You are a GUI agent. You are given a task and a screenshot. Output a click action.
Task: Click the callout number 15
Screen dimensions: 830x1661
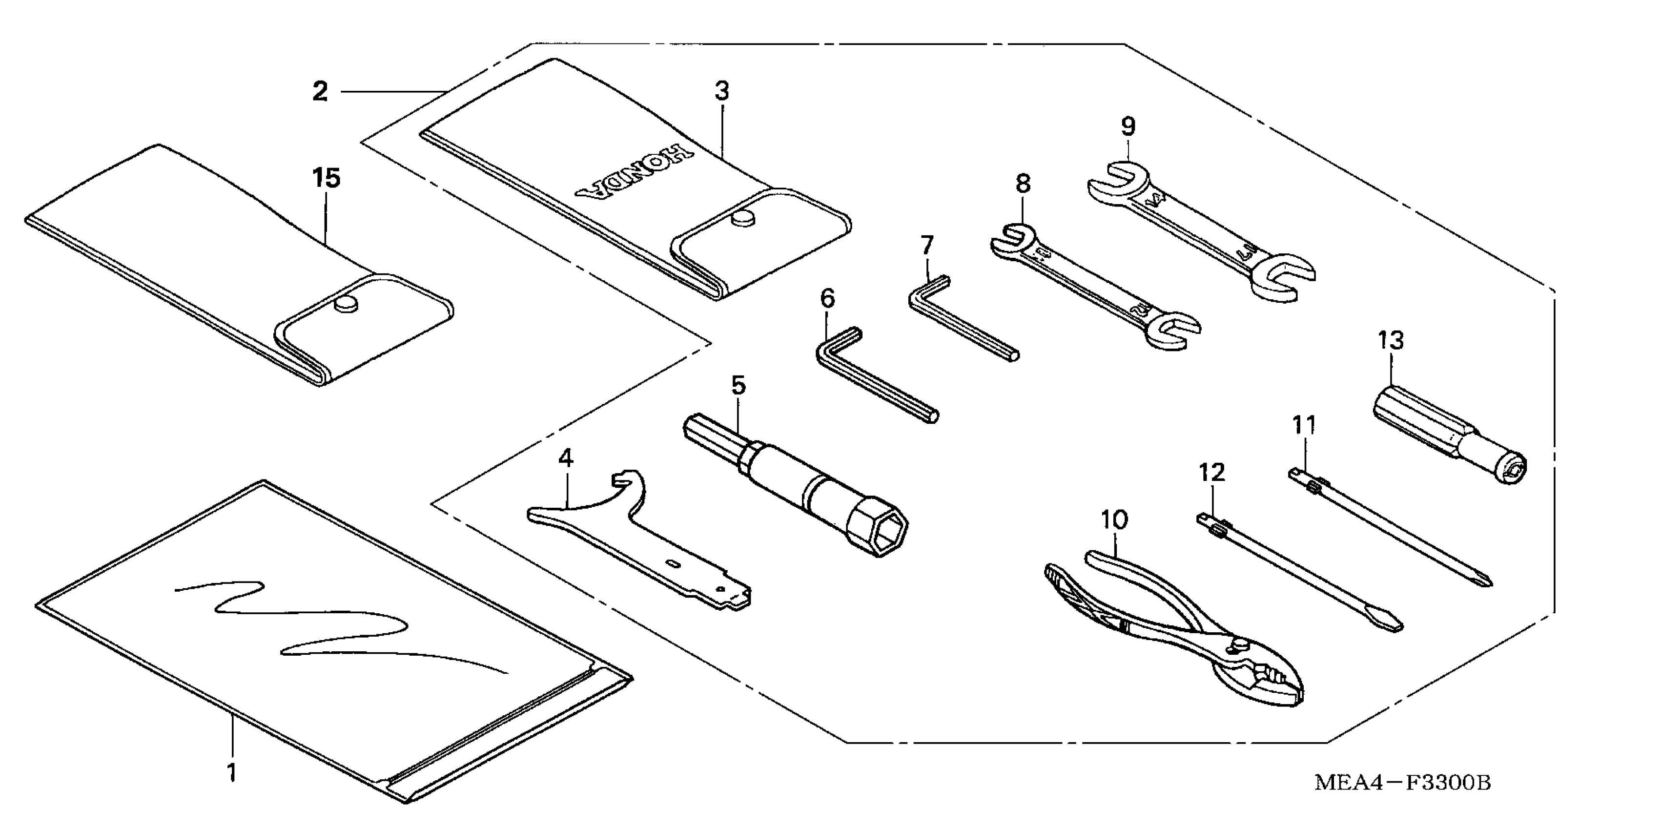326,178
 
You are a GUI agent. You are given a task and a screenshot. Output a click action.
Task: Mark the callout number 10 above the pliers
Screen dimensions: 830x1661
1114,520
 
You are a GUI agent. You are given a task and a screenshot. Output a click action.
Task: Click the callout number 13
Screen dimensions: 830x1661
1390,340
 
